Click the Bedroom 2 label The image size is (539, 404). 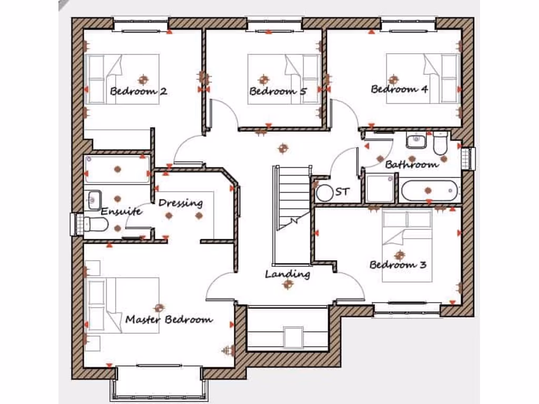(x=138, y=91)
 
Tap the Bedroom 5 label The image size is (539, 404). (x=278, y=91)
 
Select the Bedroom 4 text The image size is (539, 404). (x=400, y=89)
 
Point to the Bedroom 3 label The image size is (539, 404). (x=397, y=265)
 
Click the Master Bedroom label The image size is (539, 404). (x=169, y=319)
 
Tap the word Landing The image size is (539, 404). (x=287, y=274)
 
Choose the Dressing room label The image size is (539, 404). (x=181, y=203)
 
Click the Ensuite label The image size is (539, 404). (x=122, y=211)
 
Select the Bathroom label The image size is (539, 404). (x=412, y=165)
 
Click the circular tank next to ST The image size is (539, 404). (x=324, y=193)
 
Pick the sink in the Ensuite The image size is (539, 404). (x=95, y=199)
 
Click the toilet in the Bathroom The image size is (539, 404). (x=440, y=142)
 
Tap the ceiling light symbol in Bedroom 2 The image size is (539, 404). (x=143, y=80)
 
